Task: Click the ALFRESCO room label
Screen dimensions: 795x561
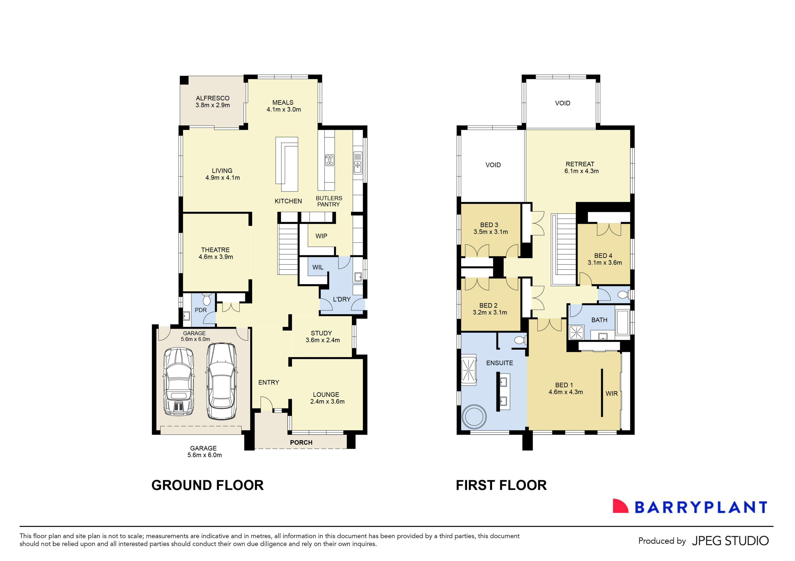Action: tap(213, 98)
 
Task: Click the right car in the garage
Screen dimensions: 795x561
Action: tap(222, 381)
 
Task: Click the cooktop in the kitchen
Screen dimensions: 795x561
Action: tap(329, 160)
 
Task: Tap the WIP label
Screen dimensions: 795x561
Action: tap(321, 236)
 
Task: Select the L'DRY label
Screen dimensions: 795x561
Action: tap(342, 299)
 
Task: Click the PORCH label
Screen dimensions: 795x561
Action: tap(301, 443)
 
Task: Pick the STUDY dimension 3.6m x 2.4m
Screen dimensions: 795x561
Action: tap(323, 340)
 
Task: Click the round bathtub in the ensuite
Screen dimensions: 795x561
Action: tap(474, 416)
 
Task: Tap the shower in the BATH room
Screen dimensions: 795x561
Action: tap(577, 333)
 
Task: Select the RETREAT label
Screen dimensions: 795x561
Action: tap(580, 164)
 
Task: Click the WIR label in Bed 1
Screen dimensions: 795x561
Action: tap(611, 394)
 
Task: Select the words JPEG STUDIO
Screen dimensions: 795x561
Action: tap(731, 541)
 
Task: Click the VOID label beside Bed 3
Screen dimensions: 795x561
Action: tap(493, 165)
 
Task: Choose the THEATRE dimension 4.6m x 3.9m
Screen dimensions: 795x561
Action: tap(216, 257)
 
